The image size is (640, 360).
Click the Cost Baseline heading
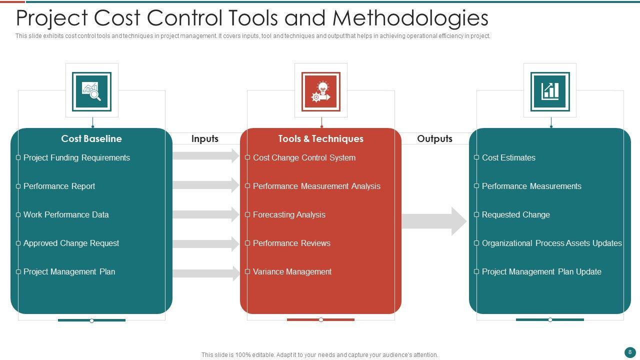[x=91, y=139]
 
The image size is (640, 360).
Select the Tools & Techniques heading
[x=320, y=139]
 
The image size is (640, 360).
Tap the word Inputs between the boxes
[x=205, y=139]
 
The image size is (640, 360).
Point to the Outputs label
[x=434, y=139]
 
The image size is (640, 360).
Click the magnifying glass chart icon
[x=91, y=91]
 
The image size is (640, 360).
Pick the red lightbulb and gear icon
[x=320, y=91]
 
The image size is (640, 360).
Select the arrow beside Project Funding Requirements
[x=205, y=156]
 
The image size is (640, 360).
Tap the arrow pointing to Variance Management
[x=205, y=273]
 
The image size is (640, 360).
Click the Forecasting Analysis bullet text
[x=289, y=215]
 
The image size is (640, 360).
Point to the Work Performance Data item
[x=66, y=215]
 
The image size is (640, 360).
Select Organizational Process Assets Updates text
[x=551, y=243]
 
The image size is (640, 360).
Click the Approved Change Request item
[x=71, y=243]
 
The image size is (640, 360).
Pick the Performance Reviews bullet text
[x=291, y=243]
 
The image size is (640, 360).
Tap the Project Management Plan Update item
[x=541, y=272]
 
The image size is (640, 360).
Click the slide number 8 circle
[x=630, y=352]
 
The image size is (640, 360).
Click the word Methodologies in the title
[x=410, y=18]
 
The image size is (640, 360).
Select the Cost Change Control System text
[x=304, y=158]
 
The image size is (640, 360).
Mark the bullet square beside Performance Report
[x=18, y=186]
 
